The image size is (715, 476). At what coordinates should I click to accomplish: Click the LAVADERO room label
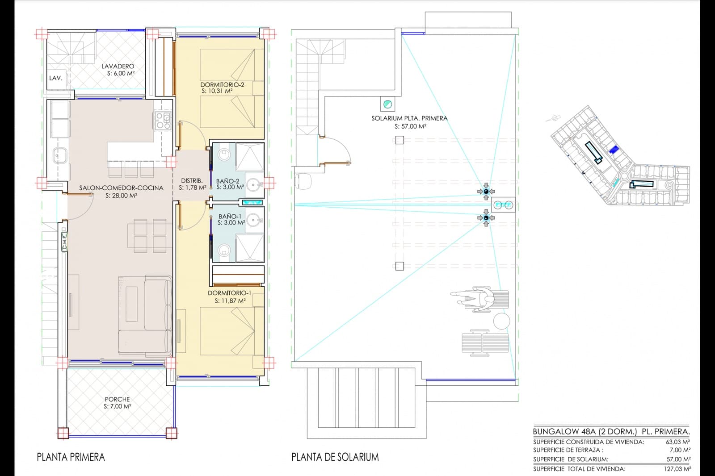click(118, 67)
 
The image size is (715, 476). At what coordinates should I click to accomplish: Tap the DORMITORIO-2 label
click(222, 84)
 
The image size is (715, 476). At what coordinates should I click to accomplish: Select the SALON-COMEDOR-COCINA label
click(121, 188)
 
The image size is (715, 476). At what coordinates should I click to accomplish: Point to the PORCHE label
click(117, 399)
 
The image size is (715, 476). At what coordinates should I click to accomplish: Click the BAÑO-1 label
click(230, 216)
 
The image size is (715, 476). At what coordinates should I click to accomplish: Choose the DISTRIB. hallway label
click(192, 181)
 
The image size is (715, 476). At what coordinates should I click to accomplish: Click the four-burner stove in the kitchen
click(162, 121)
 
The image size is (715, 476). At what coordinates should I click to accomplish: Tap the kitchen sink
click(60, 156)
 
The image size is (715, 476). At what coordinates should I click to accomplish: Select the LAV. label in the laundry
click(55, 78)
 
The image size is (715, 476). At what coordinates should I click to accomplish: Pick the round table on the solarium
click(501, 321)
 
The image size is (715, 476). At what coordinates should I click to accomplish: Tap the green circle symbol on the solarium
click(387, 104)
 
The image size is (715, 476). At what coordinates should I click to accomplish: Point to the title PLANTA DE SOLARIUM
click(335, 457)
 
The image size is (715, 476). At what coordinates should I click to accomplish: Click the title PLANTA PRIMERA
click(71, 457)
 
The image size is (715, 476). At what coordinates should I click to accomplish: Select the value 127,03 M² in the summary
click(677, 469)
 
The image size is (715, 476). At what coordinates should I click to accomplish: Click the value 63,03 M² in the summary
click(678, 442)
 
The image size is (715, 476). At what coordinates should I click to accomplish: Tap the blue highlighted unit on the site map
click(613, 149)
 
